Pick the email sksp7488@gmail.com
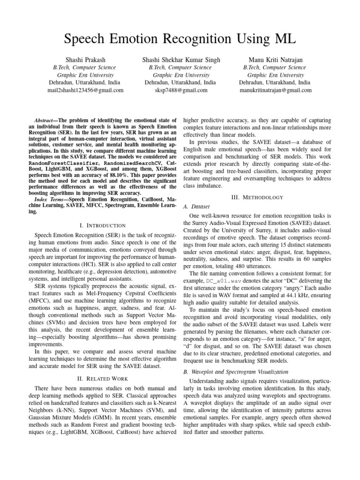180,90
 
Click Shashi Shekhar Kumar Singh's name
180,60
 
